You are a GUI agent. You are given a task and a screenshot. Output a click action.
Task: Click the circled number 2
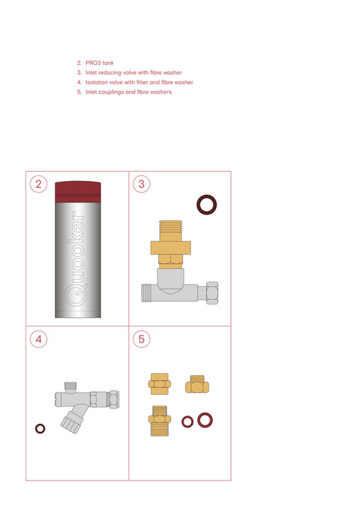pyautogui.click(x=40, y=185)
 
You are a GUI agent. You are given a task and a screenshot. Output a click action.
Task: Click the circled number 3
pyautogui.click(x=141, y=185)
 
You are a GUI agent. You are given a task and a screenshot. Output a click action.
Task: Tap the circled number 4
pyautogui.click(x=40, y=339)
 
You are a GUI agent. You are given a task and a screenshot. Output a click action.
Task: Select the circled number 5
pyautogui.click(x=141, y=339)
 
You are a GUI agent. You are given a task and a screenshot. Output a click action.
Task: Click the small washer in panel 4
pyautogui.click(x=41, y=428)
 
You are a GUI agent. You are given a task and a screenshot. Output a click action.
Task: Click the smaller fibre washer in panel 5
pyautogui.click(x=187, y=421)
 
